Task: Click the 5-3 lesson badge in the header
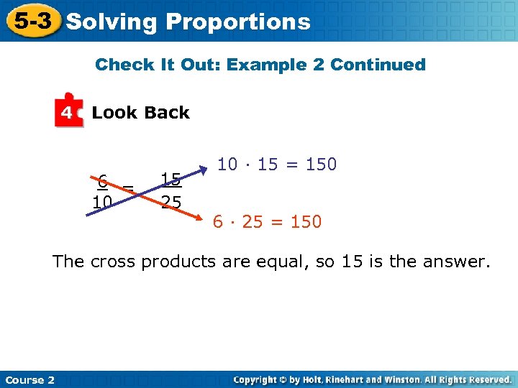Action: pyautogui.click(x=32, y=21)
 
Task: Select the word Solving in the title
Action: pyautogui.click(x=111, y=22)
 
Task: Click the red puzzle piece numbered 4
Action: pyautogui.click(x=68, y=111)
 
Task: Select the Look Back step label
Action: pyautogui.click(x=140, y=113)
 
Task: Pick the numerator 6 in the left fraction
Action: pyautogui.click(x=103, y=180)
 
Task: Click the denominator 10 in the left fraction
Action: pyautogui.click(x=102, y=202)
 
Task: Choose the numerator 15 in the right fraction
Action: pyautogui.click(x=171, y=179)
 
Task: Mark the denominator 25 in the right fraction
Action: pyautogui.click(x=171, y=202)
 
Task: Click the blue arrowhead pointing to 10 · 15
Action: pyautogui.click(x=204, y=170)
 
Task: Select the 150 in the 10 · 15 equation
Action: pyautogui.click(x=321, y=165)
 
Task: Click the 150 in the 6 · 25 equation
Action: pyautogui.click(x=306, y=222)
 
